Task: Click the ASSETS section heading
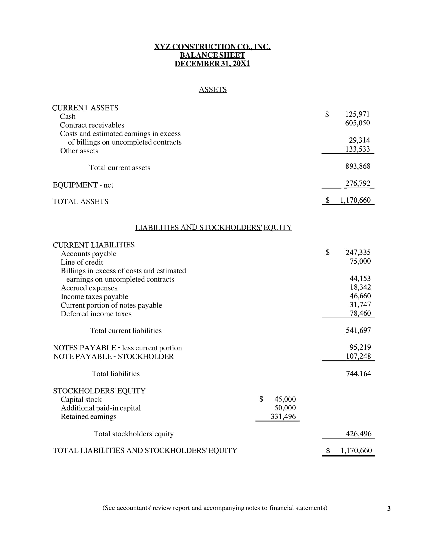pyautogui.click(x=213, y=90)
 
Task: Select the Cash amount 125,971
pyautogui.click(x=357, y=114)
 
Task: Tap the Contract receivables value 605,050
pyautogui.click(x=357, y=123)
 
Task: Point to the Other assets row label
pyautogui.click(x=79, y=151)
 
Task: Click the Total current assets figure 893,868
pyautogui.click(x=358, y=167)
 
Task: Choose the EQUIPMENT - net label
pyautogui.click(x=83, y=185)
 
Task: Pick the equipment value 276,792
pyautogui.click(x=358, y=183)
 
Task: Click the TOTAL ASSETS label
pyautogui.click(x=81, y=202)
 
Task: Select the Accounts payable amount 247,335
pyautogui.click(x=358, y=252)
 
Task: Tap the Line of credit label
pyautogui.click(x=82, y=262)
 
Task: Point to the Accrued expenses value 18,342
pyautogui.click(x=360, y=287)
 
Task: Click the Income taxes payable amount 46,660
pyautogui.click(x=360, y=296)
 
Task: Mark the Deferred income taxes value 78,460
pyautogui.click(x=360, y=314)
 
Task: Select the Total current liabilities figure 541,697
pyautogui.click(x=358, y=330)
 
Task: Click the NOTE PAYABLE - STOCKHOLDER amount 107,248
pyautogui.click(x=358, y=356)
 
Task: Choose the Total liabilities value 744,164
pyautogui.click(x=358, y=374)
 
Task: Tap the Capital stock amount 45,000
pyautogui.click(x=285, y=399)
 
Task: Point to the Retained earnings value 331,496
pyautogui.click(x=283, y=417)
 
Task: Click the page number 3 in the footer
pyautogui.click(x=389, y=509)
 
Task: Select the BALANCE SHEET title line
pyautogui.click(x=212, y=55)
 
